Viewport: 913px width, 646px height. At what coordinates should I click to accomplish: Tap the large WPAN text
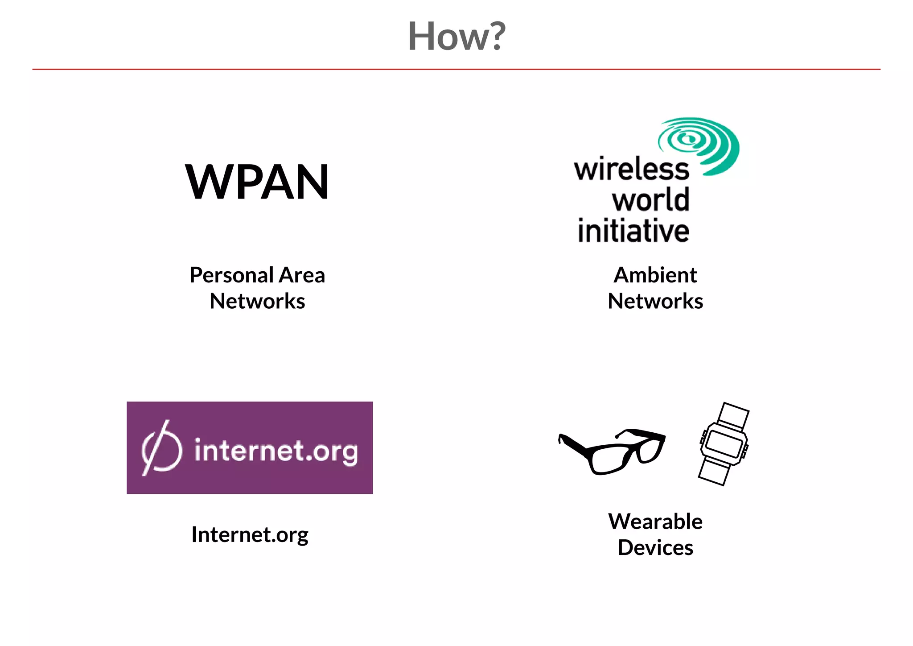click(x=257, y=182)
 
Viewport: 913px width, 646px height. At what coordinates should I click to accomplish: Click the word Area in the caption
click(x=302, y=275)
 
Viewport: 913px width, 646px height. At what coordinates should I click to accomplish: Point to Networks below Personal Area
click(x=257, y=301)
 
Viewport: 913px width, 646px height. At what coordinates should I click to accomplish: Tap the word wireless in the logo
click(x=631, y=170)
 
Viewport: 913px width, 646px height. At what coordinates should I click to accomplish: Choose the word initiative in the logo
click(x=633, y=231)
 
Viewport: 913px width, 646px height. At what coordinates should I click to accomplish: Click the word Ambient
click(x=655, y=275)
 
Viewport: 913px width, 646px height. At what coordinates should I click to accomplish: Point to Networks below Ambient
click(x=655, y=301)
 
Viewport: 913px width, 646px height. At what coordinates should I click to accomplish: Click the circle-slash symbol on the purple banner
click(x=161, y=448)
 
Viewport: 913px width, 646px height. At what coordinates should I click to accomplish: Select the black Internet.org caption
click(x=250, y=534)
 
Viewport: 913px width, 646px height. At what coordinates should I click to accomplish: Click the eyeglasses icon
click(x=612, y=451)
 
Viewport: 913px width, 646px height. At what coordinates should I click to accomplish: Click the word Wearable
click(x=655, y=522)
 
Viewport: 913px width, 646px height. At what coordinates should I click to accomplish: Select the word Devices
click(x=655, y=547)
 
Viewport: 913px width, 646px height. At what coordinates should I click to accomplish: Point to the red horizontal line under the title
click(x=456, y=69)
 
